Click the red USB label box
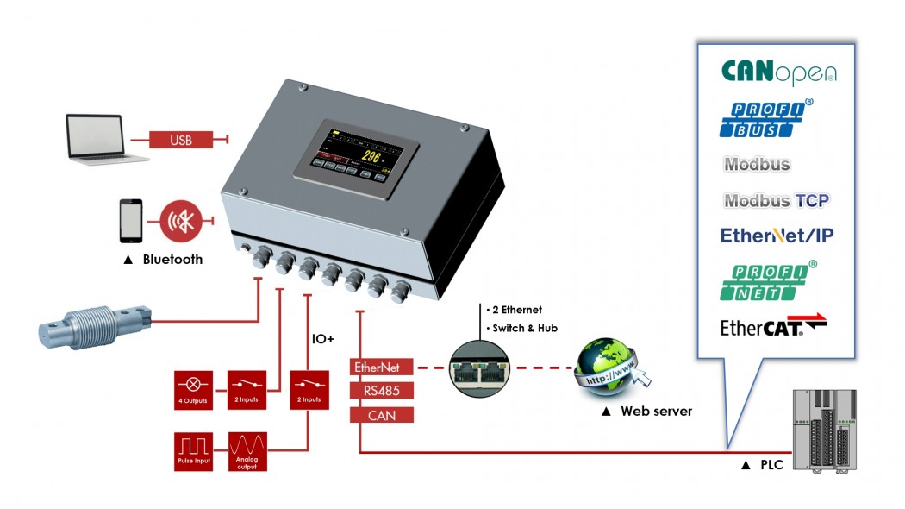(x=180, y=140)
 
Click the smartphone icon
(x=131, y=222)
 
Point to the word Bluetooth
(x=172, y=260)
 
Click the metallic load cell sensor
(x=95, y=324)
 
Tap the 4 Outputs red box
(x=194, y=390)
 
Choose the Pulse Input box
(x=194, y=451)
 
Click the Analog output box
(x=248, y=451)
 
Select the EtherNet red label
(x=382, y=367)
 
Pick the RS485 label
(x=382, y=390)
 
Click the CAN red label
(x=382, y=414)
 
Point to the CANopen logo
(x=777, y=72)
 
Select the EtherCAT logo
(x=773, y=327)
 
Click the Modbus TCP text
(x=776, y=201)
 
